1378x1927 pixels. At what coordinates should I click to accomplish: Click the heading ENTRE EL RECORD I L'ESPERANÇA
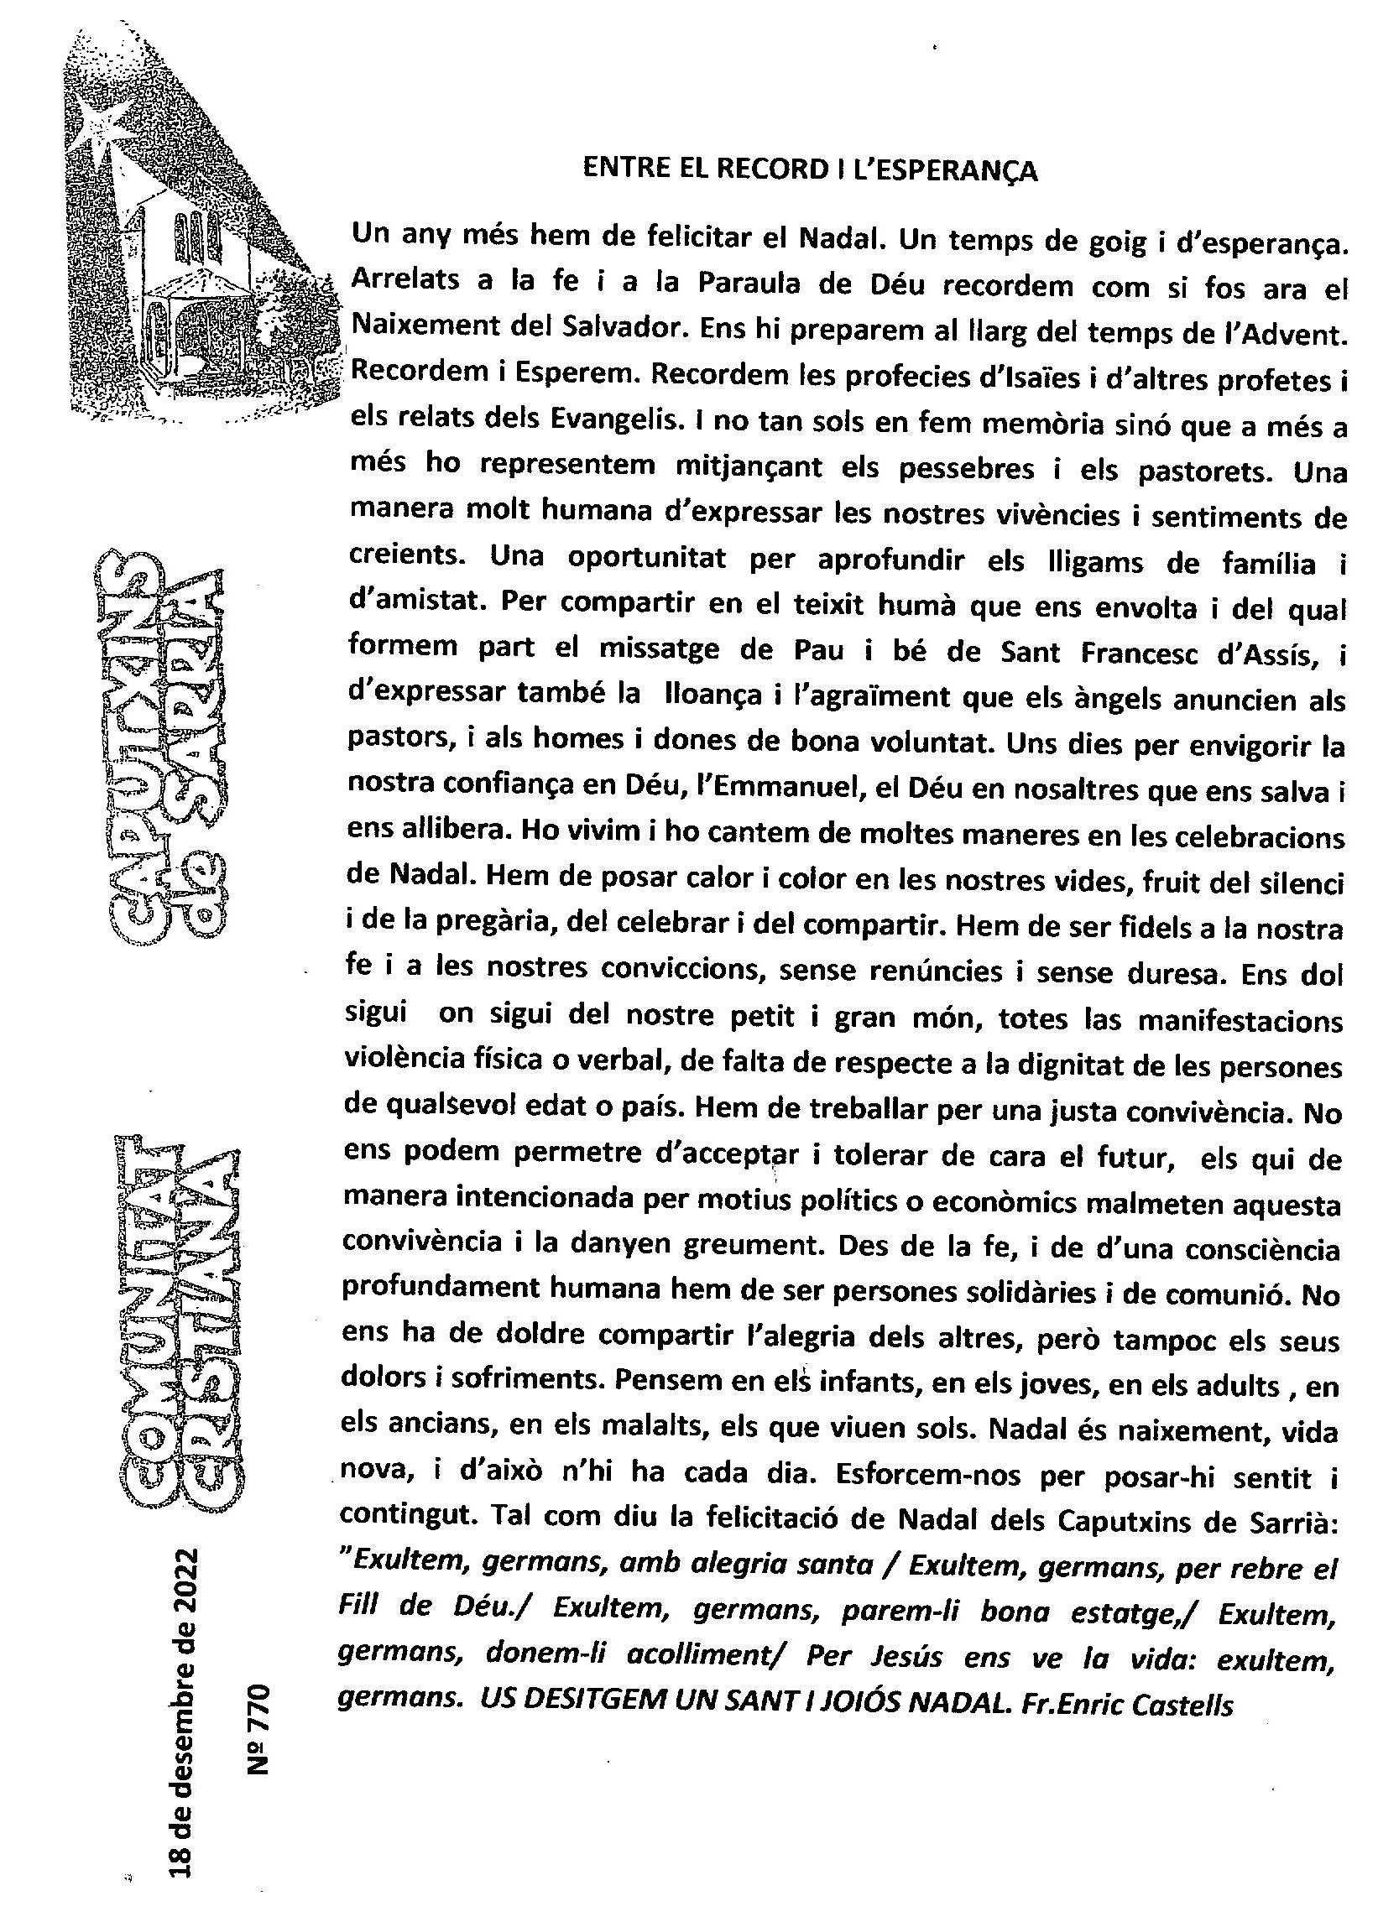coord(811,170)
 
